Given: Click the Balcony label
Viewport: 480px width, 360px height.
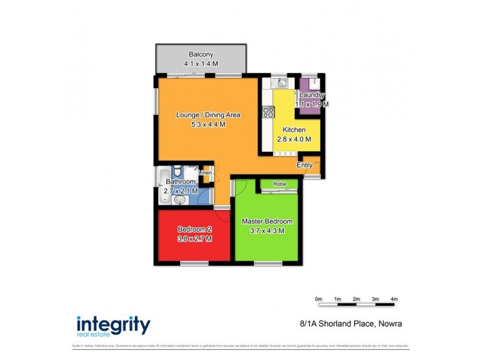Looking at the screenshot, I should (200, 52).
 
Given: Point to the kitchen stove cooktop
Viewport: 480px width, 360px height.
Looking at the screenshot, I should (268, 111).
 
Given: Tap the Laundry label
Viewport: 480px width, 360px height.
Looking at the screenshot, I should (312, 95).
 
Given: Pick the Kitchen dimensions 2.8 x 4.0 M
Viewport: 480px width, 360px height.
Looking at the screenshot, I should (294, 139).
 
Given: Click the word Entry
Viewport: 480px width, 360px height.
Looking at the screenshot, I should (305, 164).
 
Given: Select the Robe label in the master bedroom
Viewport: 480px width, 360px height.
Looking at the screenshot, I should (279, 184).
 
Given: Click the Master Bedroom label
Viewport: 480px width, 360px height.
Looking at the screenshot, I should (267, 221).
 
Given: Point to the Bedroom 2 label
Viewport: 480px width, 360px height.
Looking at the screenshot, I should (194, 229).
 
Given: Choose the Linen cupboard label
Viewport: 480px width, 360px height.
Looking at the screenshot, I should (206, 173).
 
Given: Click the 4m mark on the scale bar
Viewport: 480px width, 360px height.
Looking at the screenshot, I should (394, 299).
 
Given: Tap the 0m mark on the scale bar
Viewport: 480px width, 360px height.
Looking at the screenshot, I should (319, 299).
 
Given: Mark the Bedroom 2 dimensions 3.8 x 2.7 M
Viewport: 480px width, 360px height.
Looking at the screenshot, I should (194, 238).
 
